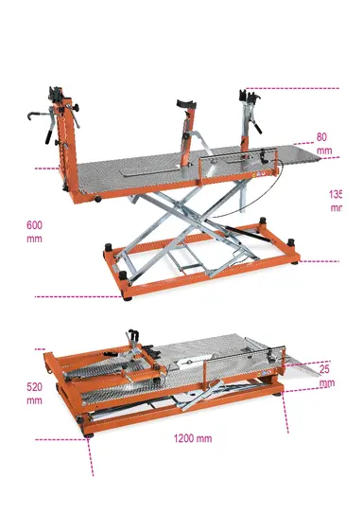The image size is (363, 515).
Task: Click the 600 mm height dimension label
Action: click(35, 232)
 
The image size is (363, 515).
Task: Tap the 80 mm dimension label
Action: click(323, 143)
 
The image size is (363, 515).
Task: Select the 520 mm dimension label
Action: click(35, 394)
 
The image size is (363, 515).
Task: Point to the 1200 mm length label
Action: click(192, 438)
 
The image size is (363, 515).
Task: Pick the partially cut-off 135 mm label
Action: click(336, 201)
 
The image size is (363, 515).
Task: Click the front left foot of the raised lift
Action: click(125, 295)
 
